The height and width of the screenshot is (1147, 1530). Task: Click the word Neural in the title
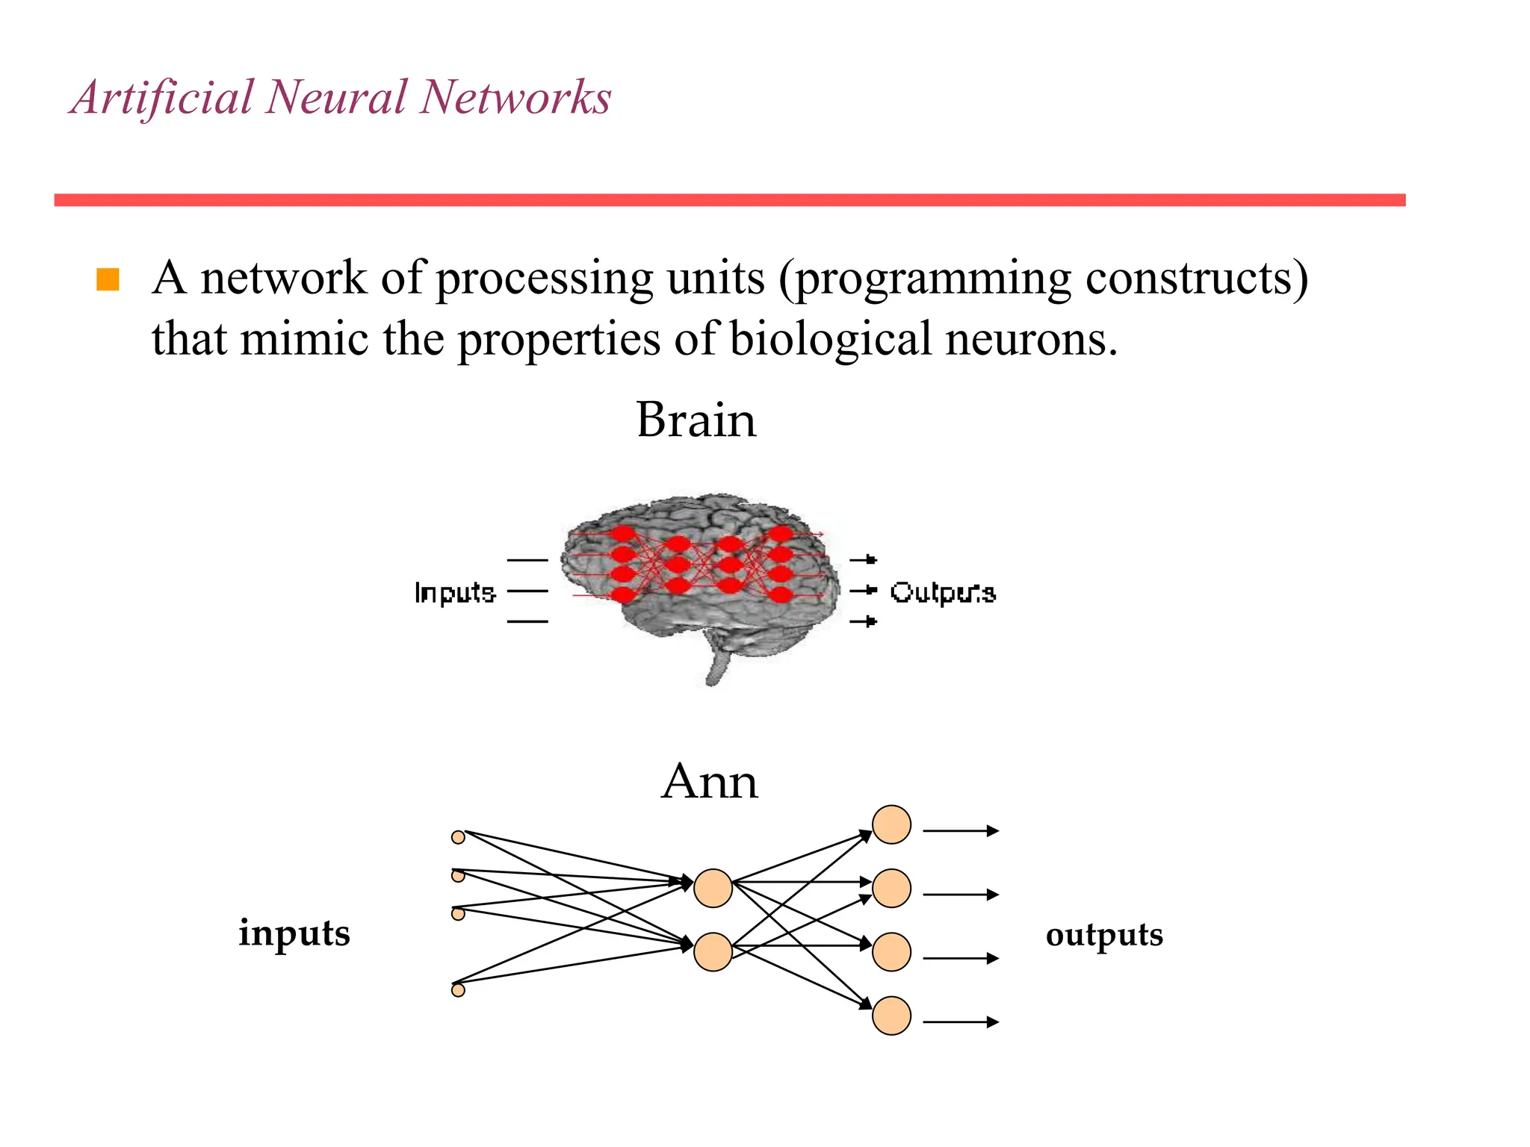335,97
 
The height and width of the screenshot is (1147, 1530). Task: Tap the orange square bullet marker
108,279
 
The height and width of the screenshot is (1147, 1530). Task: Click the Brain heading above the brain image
696,420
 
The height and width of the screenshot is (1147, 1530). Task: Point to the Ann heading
709,782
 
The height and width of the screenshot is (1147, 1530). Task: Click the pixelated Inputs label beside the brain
454,592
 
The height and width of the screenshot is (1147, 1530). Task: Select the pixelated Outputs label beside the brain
943,592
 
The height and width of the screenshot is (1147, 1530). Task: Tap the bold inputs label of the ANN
294,933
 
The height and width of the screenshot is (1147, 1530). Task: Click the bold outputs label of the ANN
1104,935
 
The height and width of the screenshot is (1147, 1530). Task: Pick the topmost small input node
459,837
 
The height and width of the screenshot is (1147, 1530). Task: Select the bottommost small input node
459,990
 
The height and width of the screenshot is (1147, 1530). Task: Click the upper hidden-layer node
713,888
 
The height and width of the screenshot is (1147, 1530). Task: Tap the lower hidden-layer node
713,952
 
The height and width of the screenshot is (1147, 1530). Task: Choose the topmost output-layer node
891,824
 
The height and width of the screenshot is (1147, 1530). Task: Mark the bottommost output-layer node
891,1016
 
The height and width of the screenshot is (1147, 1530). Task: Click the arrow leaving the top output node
961,830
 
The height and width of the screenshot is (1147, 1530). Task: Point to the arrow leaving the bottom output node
961,1022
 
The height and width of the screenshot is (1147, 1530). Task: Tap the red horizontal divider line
729,200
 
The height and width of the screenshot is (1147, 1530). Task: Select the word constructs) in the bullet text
1196,278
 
